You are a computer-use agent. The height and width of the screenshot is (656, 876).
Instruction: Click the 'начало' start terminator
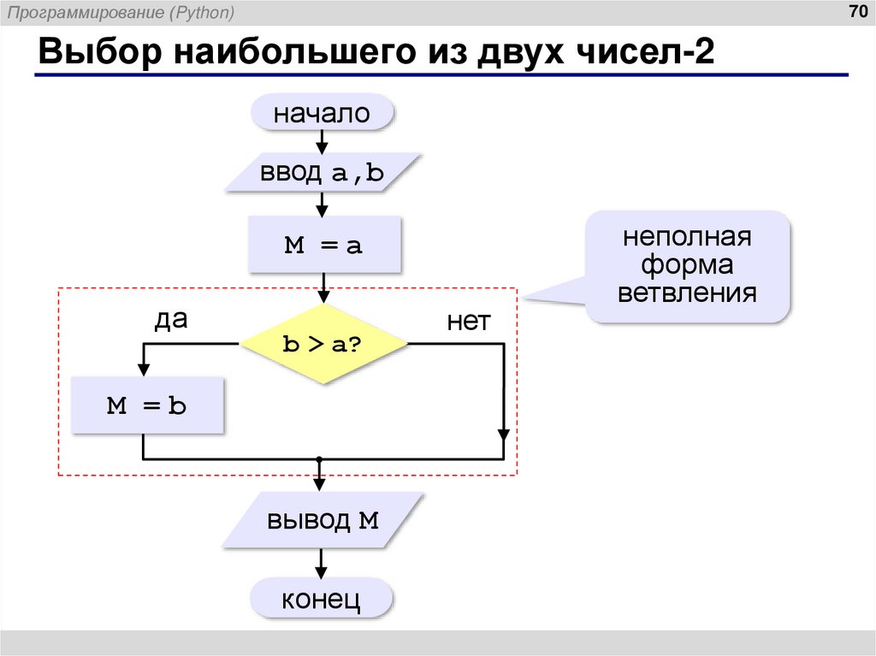coord(322,113)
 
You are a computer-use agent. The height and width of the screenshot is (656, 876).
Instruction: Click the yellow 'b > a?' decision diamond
coord(323,344)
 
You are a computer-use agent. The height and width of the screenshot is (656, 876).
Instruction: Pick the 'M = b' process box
coord(146,405)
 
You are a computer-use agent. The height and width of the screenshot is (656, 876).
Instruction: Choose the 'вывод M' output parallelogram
coord(322,520)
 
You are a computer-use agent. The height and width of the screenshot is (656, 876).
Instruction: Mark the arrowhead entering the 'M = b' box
coord(143,369)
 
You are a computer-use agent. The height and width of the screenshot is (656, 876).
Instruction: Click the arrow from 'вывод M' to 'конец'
coord(322,564)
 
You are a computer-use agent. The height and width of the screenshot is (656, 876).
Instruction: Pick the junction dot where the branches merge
coord(319,459)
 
